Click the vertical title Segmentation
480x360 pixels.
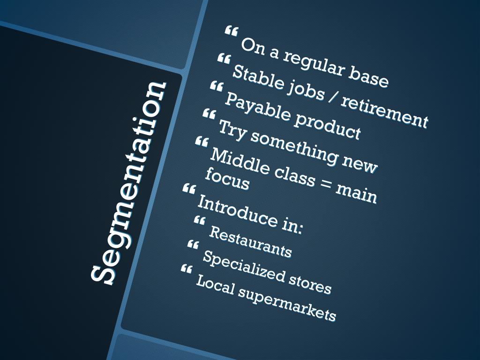(x=128, y=183)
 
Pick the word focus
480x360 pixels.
(x=227, y=180)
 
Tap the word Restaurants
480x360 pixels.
(x=250, y=242)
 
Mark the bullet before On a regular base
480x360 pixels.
(x=231, y=31)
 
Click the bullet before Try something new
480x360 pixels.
(x=209, y=113)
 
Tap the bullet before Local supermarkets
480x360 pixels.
(x=186, y=269)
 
